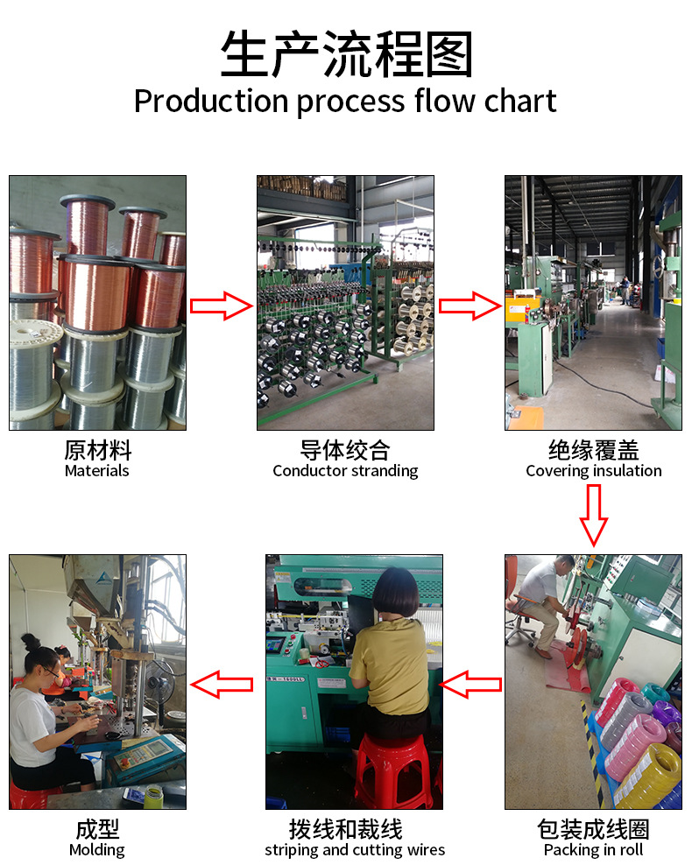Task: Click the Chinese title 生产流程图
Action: tap(346, 55)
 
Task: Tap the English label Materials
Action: tap(97, 471)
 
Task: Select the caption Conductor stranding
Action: tap(345, 471)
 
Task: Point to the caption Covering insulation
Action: tap(593, 471)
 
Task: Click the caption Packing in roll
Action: tap(593, 850)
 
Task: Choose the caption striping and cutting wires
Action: tap(355, 850)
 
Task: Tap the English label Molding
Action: tap(97, 850)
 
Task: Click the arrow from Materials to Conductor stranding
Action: tap(221, 306)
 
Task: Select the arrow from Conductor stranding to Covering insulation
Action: tap(469, 306)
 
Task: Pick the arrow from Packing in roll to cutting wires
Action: tap(471, 684)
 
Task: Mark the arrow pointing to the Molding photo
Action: tap(222, 684)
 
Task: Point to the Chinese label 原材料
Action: tap(97, 451)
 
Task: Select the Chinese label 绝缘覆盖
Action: tap(593, 451)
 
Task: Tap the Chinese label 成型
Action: tap(97, 829)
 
